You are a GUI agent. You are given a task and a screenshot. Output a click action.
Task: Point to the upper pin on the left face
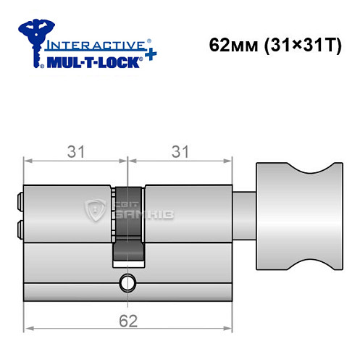19,197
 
